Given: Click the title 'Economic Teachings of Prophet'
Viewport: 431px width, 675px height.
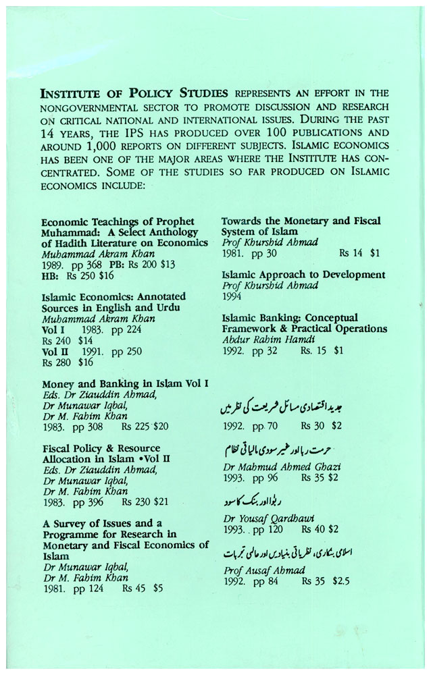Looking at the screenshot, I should (118, 221).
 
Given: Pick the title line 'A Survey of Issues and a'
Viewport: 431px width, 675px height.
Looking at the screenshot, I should (102, 523).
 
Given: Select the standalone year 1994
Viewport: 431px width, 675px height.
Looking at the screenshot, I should (234, 296).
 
